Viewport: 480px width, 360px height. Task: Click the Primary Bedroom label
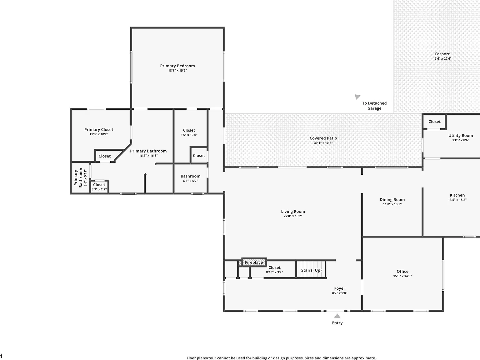coord(177,66)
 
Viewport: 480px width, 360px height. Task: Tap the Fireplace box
coord(254,262)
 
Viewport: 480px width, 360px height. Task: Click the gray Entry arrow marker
coord(337,316)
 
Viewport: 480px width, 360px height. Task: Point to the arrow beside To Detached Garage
coord(357,97)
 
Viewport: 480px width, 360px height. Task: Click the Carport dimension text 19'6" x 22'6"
coord(442,58)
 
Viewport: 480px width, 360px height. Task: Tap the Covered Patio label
coord(323,138)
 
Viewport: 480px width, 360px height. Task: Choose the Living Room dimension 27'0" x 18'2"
coord(293,216)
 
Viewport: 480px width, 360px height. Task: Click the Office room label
coord(402,271)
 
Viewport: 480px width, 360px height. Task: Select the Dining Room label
coord(392,200)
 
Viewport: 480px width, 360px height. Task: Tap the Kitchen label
coord(457,195)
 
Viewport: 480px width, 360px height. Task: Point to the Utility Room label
coord(461,136)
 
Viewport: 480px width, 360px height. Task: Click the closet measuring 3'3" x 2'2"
coord(99,187)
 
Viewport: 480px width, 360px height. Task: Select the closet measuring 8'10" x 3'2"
coord(274,269)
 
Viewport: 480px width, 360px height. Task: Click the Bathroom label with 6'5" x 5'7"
coord(190,176)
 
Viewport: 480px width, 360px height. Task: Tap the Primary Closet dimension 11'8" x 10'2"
coord(99,134)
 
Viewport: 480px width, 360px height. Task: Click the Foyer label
coord(339,288)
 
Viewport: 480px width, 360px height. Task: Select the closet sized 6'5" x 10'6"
coord(189,132)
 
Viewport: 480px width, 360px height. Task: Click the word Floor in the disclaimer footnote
coord(191,358)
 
